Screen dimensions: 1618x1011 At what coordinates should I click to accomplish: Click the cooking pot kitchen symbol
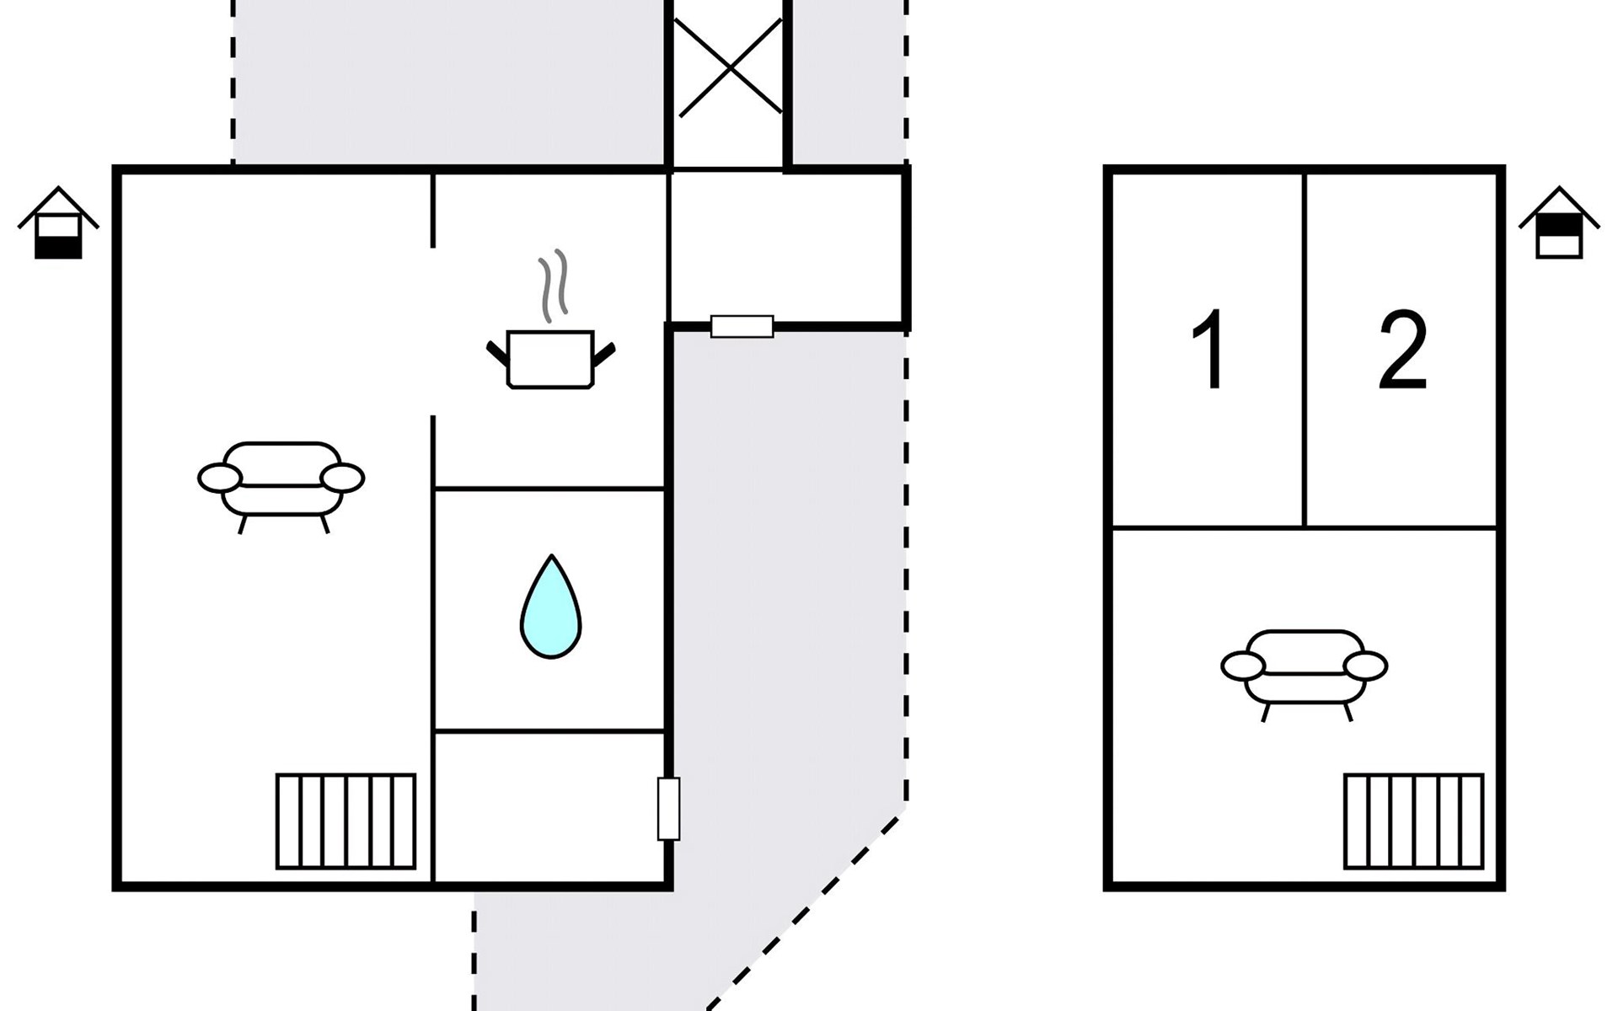(x=551, y=360)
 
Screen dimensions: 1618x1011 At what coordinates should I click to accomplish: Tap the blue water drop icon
(x=550, y=606)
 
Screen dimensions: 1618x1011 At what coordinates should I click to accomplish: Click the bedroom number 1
(x=1209, y=349)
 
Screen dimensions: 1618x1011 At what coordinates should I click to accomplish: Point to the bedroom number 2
(x=1402, y=349)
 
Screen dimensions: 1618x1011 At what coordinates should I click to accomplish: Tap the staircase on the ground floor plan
(x=346, y=821)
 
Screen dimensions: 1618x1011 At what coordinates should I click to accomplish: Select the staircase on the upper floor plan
(x=1414, y=821)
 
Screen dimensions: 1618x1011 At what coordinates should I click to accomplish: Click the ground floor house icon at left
(x=58, y=222)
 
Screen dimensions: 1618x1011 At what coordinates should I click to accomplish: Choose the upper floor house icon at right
(x=1559, y=222)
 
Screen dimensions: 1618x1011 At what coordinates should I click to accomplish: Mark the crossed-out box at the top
(x=729, y=67)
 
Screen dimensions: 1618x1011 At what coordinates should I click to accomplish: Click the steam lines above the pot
(x=554, y=286)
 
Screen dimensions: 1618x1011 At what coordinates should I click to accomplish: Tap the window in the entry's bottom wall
(x=742, y=327)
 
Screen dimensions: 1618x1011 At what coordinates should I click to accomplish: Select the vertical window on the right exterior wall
(x=668, y=809)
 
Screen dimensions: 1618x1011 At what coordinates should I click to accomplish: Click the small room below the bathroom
(x=549, y=806)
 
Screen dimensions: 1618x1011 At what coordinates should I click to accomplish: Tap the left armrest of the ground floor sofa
(x=220, y=478)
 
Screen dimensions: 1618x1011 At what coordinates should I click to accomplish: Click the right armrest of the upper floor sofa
(x=1365, y=666)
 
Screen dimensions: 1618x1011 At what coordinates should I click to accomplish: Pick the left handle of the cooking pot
(x=497, y=353)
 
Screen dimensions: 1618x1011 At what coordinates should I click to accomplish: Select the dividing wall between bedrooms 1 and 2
(x=1305, y=350)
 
